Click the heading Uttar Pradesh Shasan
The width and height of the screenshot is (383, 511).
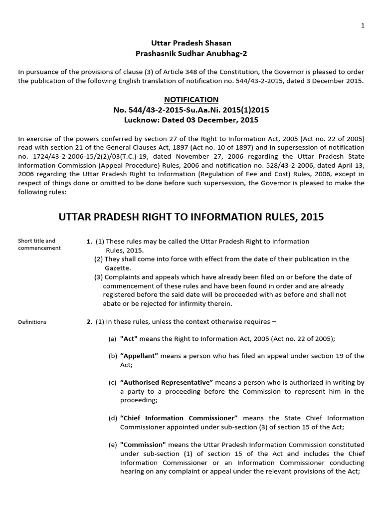[191, 43]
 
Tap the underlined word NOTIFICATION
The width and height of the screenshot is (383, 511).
[191, 100]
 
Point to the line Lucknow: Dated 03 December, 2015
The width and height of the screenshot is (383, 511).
[191, 120]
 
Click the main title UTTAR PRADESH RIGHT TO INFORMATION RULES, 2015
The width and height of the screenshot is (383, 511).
[191, 217]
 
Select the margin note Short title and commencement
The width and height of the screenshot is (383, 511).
[37, 245]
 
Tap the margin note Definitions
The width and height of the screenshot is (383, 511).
[32, 322]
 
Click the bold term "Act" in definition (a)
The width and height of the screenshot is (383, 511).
[129, 338]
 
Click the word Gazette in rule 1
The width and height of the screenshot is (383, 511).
[115, 268]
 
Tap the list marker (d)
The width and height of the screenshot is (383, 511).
[113, 418]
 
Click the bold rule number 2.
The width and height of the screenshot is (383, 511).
[89, 322]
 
